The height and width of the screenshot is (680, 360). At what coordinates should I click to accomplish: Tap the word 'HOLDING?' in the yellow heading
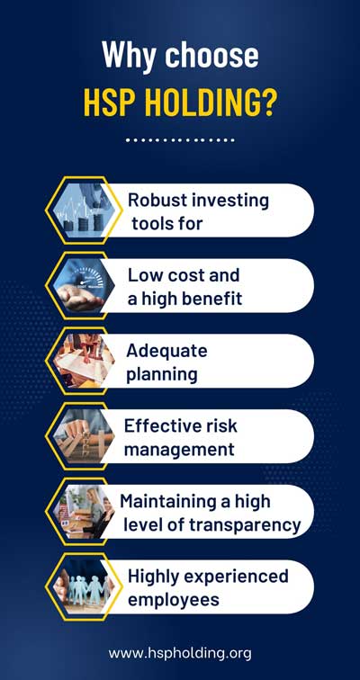210,103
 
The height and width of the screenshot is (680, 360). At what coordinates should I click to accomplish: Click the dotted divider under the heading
180,140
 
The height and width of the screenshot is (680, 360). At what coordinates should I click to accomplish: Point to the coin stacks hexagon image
84,210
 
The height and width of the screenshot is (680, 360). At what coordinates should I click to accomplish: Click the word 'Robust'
157,201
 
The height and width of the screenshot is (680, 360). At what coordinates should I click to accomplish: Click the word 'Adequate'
166,352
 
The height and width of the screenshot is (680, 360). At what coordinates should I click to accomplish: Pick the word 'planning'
161,374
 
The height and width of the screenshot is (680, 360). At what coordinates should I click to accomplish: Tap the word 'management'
179,450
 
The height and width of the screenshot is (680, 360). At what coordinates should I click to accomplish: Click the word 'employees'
174,601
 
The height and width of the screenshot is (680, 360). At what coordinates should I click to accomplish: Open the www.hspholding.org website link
180,654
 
